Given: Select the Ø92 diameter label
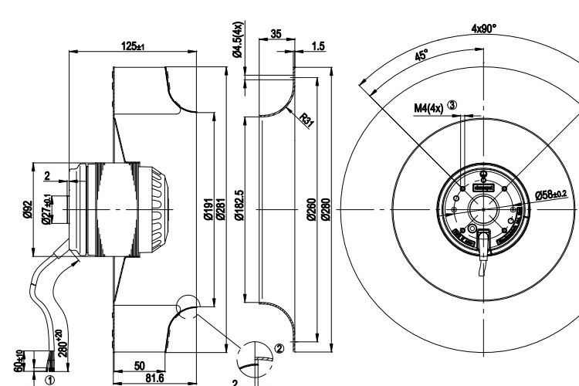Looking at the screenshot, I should coord(28,210).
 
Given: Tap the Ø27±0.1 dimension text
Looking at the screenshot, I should coord(47,210).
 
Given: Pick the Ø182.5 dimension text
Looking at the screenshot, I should coord(240,207).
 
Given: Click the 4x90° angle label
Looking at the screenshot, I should coord(484,29).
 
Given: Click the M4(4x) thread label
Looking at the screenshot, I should coord(429,107).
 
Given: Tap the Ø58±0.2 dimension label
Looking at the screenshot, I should coord(550,194).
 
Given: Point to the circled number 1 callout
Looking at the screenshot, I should coord(51,380).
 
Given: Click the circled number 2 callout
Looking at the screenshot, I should coord(279,348).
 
